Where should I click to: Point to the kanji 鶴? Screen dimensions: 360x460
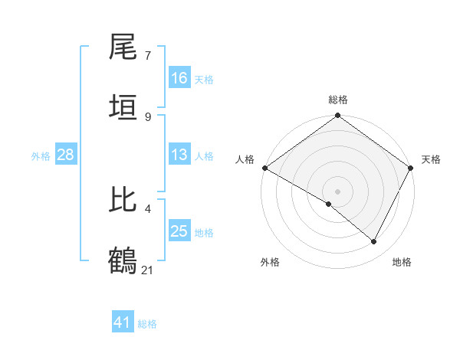point(123,259)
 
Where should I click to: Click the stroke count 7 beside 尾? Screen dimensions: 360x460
point(148,56)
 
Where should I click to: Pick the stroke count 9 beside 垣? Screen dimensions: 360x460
point(148,116)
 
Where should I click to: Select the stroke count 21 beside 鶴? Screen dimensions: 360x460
point(148,269)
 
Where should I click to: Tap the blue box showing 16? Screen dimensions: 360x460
point(179,78)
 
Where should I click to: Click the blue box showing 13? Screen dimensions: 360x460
point(179,155)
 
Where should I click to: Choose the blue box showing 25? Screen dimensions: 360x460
point(179,231)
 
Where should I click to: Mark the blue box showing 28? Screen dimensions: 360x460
point(65,155)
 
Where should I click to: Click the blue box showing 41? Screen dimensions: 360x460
point(123,322)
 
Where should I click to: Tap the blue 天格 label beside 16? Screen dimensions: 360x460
point(204,79)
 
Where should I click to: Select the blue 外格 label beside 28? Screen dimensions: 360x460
point(41,155)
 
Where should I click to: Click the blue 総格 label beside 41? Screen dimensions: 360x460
point(147,323)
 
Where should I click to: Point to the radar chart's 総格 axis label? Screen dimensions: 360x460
point(338,100)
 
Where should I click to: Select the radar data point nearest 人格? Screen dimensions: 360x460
point(264,168)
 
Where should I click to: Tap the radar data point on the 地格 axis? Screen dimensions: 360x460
point(374,242)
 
